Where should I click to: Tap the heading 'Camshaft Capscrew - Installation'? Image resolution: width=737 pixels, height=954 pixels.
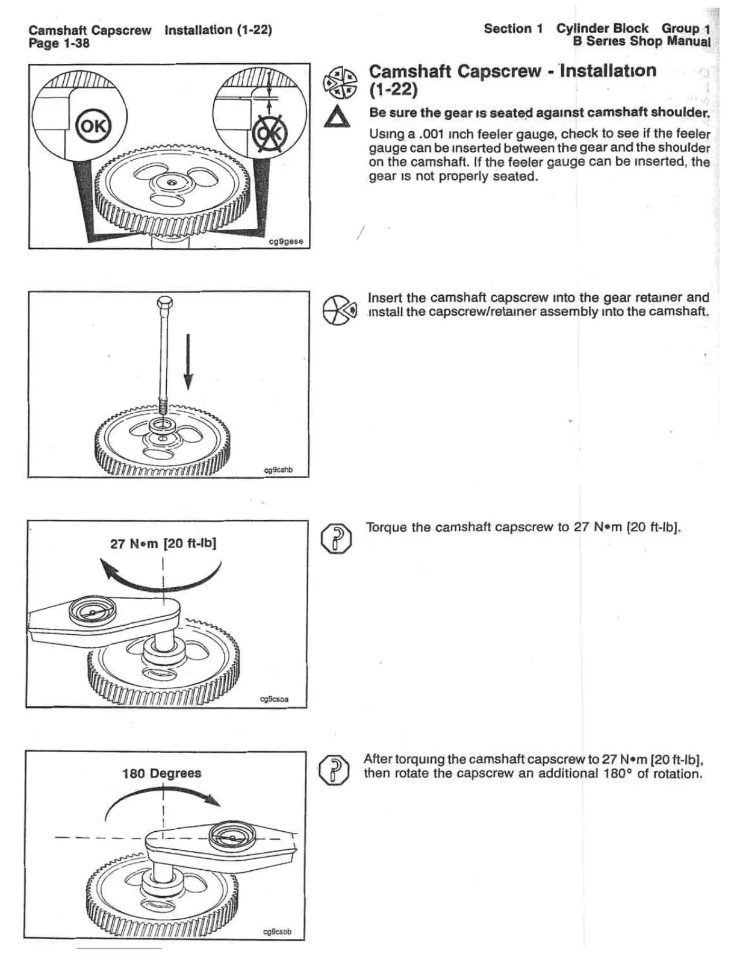(512, 71)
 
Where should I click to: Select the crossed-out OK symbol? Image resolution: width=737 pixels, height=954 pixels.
(269, 131)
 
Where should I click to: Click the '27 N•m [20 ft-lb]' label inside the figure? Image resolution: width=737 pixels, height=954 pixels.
(163, 543)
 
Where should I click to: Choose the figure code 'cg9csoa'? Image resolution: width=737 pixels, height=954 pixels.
(274, 699)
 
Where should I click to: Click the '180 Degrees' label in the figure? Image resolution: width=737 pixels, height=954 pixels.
(161, 773)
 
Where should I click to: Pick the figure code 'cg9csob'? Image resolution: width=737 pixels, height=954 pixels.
(277, 932)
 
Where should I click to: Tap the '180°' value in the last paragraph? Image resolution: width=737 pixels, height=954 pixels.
(617, 774)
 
